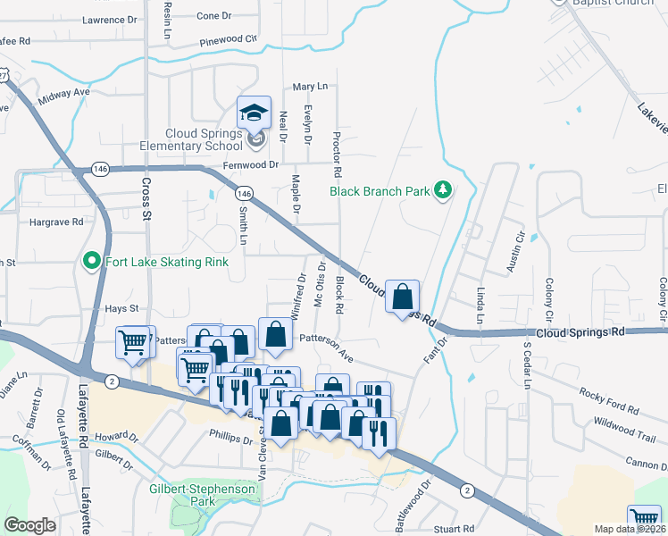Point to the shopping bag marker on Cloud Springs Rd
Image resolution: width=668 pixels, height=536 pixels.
pos(403,296)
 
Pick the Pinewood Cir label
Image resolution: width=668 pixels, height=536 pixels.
pos(228,39)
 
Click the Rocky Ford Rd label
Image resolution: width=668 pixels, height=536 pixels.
pos(609,400)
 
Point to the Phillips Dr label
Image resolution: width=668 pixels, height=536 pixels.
pos(232,440)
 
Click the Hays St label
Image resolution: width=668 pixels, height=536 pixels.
pos(123,308)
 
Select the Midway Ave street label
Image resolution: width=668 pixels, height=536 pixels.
pos(64,92)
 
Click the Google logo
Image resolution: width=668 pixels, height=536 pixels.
pos(30,525)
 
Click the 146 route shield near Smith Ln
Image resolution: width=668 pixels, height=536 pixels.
pos(242,192)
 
